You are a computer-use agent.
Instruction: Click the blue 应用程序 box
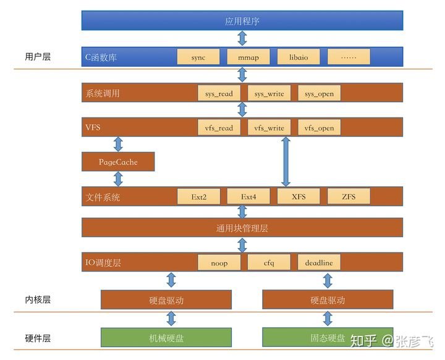tap(242, 21)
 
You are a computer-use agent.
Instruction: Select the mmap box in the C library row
tap(248, 57)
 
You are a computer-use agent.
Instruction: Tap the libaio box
tap(299, 57)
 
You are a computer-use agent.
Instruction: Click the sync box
tap(198, 57)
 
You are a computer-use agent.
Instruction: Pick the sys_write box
tap(269, 93)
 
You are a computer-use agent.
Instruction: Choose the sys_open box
tap(319, 93)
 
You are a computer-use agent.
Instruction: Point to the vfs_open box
tap(319, 127)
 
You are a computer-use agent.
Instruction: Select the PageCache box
tap(118, 162)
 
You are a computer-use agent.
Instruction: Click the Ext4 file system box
tap(248, 197)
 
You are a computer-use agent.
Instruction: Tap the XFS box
tap(299, 197)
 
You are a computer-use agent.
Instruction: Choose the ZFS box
tap(349, 197)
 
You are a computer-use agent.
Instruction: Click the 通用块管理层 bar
tap(242, 228)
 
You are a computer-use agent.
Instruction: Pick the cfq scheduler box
tap(269, 262)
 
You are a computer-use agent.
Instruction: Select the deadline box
tap(319, 262)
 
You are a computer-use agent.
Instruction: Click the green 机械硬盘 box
tap(166, 337)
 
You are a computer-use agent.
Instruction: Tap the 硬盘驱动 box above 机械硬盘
tap(166, 300)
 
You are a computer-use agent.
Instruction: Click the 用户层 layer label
tap(38, 57)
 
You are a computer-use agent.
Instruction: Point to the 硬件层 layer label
tap(38, 338)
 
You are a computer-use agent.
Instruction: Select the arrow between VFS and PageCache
tap(118, 145)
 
